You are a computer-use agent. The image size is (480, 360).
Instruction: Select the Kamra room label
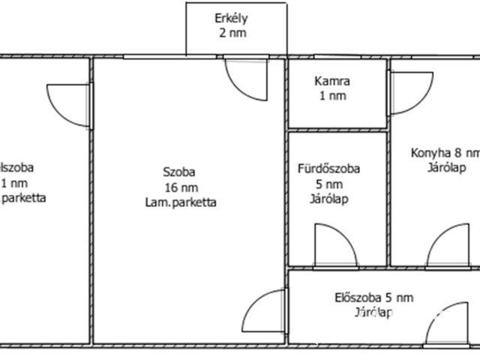tap(332, 81)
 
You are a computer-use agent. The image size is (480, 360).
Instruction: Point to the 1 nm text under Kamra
tap(332, 95)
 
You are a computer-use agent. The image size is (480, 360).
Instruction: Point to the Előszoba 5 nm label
tap(373, 298)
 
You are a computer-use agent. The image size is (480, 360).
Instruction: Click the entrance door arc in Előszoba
tap(447, 323)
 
